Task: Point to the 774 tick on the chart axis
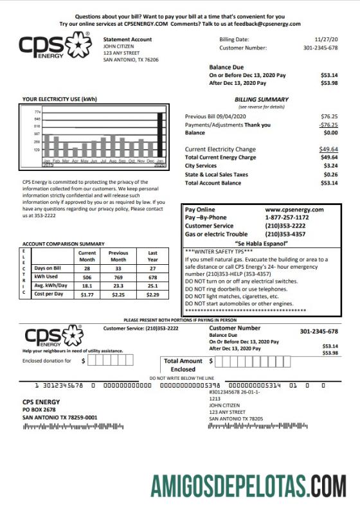(x=37, y=112)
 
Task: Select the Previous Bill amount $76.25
(x=328, y=116)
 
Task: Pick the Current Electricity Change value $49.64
(x=328, y=149)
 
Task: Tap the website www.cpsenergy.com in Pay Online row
(x=294, y=210)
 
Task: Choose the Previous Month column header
(x=118, y=256)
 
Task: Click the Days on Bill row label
(x=48, y=267)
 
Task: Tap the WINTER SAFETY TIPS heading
(x=220, y=252)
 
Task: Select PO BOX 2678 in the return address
(x=39, y=409)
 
